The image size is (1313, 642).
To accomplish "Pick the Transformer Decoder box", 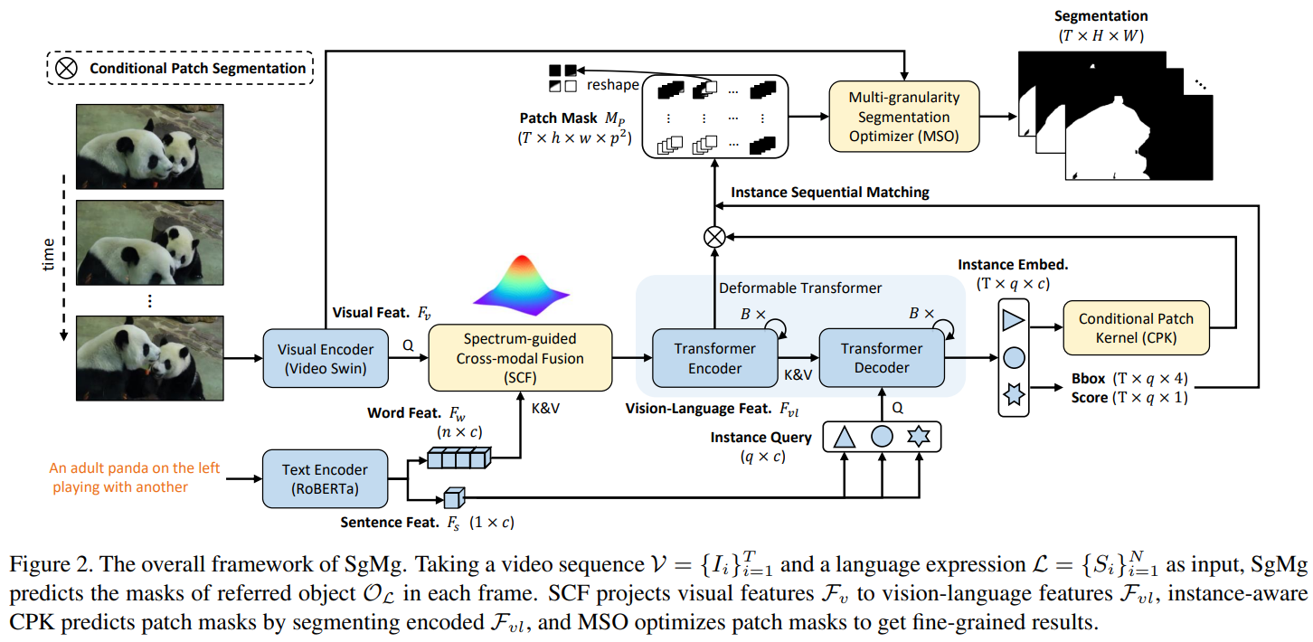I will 881,358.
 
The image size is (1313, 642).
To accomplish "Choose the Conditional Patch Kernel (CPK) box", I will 1136,327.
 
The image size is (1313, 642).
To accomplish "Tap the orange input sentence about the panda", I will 134,477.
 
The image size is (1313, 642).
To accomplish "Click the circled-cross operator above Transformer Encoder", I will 714,237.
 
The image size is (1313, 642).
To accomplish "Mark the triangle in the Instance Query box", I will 844,438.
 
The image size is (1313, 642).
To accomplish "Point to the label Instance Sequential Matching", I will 829,193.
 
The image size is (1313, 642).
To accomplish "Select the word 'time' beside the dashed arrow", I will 52,254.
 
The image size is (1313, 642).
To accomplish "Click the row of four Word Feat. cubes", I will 458,459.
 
